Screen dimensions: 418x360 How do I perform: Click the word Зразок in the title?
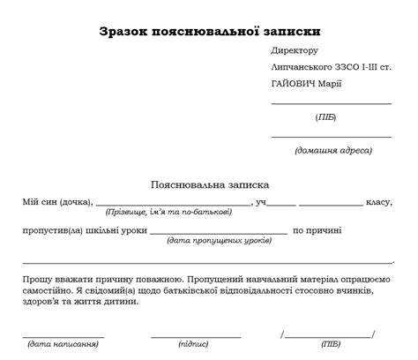pos(128,33)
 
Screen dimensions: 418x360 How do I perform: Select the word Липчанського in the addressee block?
pos(302,68)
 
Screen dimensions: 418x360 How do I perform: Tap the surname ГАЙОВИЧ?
pos(294,84)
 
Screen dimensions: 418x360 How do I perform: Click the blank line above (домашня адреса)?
pos(331,137)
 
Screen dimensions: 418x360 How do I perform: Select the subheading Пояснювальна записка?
pos(210,185)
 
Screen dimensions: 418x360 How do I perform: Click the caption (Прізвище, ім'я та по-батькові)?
pos(168,213)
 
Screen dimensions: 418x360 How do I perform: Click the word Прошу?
pos(37,277)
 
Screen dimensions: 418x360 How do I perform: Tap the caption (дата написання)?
pos(62,344)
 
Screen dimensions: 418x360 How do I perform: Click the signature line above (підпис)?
pos(196,336)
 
